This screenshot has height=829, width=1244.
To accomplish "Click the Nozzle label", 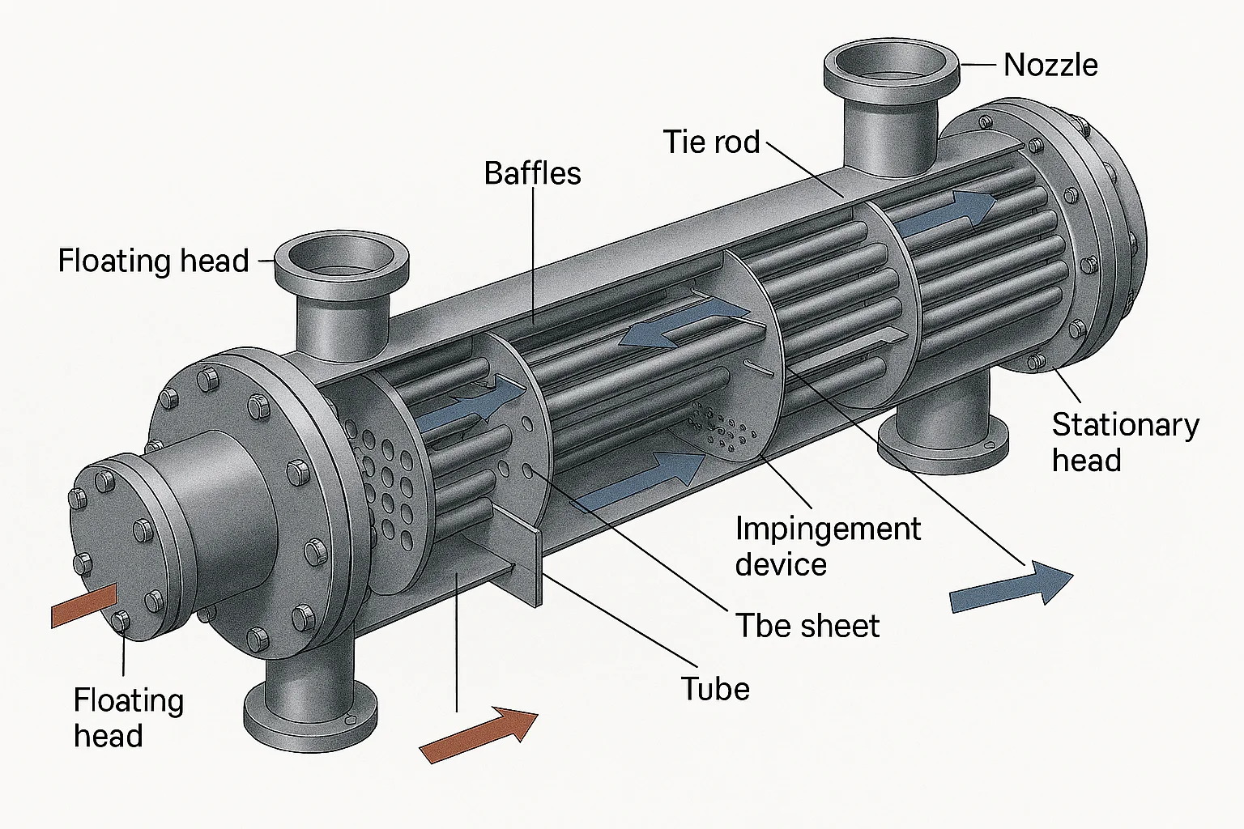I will point(1050,65).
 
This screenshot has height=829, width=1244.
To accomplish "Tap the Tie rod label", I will point(711,142).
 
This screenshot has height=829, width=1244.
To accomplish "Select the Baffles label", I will point(532,173).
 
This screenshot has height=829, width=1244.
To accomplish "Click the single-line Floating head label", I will point(153,261).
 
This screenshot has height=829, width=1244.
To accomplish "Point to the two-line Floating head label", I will point(128,717).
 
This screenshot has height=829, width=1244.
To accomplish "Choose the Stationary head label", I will point(1125,442).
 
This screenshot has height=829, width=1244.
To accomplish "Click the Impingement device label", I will point(827,546).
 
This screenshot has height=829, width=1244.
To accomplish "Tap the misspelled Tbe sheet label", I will point(807,626).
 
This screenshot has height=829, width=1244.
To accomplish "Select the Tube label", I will point(715,689).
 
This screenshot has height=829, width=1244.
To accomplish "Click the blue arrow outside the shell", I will point(1012,585).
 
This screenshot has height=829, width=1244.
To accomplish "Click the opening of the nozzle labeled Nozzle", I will point(891,63).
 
